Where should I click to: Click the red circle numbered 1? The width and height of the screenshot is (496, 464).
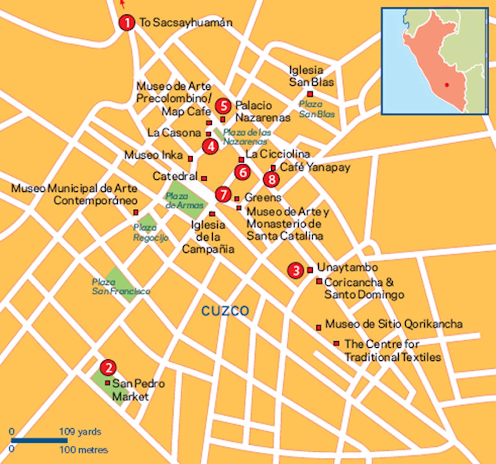tap(127, 22)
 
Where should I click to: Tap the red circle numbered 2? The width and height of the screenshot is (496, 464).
tap(108, 368)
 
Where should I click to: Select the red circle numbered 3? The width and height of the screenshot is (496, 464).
tap(296, 270)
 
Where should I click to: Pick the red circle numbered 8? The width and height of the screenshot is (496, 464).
tap(272, 179)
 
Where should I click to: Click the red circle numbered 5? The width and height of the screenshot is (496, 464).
tap(223, 106)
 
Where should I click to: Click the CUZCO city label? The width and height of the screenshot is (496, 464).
tap(225, 311)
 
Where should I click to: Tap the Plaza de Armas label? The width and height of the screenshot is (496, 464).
tap(184, 200)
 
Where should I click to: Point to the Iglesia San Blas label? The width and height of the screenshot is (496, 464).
tap(311, 76)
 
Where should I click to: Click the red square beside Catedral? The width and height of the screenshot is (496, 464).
tap(204, 178)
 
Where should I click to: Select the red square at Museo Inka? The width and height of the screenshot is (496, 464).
tap(191, 159)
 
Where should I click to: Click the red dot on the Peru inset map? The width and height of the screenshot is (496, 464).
tap(447, 85)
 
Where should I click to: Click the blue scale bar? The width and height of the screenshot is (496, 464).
tap(39, 440)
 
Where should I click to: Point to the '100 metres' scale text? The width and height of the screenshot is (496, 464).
tap(84, 450)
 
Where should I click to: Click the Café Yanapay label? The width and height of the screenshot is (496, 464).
tap(315, 167)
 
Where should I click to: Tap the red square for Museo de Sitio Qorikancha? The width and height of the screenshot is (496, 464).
tap(318, 328)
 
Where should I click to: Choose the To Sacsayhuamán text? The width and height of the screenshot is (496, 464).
tap(186, 23)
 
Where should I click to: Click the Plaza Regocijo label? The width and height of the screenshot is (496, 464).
tap(150, 233)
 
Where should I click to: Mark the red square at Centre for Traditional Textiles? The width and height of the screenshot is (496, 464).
tap(336, 343)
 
